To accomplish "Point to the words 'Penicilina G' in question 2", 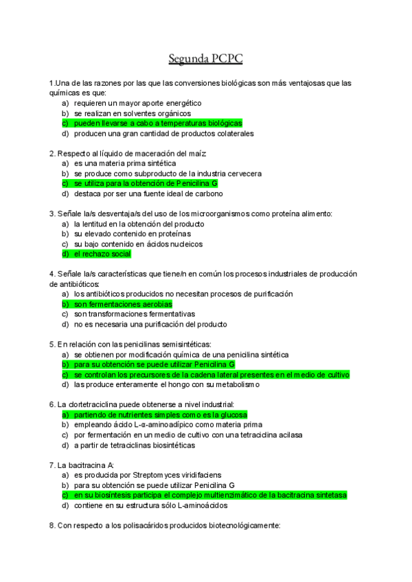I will (197, 184).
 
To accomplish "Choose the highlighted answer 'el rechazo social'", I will (102, 254).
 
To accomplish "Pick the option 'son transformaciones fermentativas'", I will (135, 314).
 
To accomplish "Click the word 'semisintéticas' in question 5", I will (185, 344).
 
